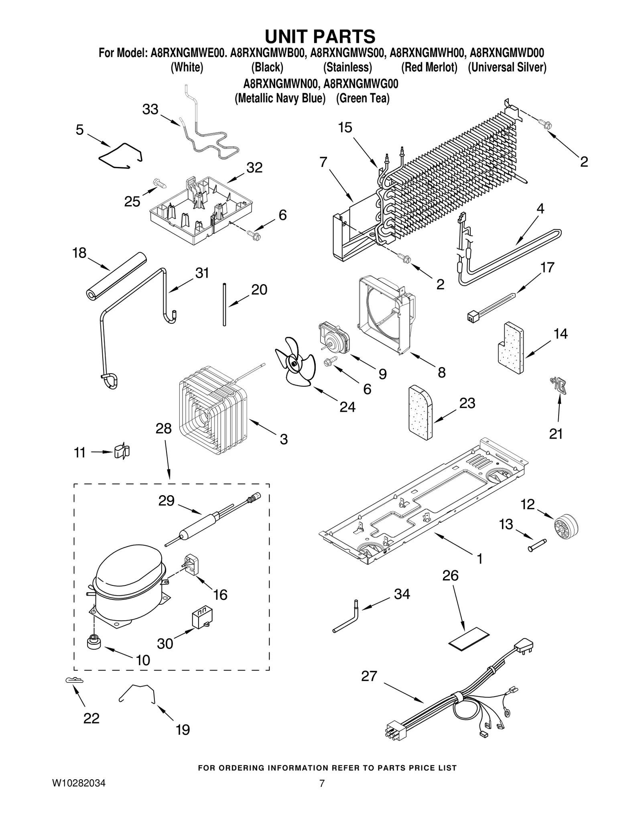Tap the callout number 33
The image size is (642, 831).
coord(150,109)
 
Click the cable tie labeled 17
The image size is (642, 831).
coord(493,307)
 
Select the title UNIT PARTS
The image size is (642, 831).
coord(320,36)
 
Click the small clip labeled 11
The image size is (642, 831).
coord(122,451)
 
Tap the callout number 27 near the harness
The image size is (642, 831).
coord(369,676)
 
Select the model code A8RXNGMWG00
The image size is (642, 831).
coord(361,84)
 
